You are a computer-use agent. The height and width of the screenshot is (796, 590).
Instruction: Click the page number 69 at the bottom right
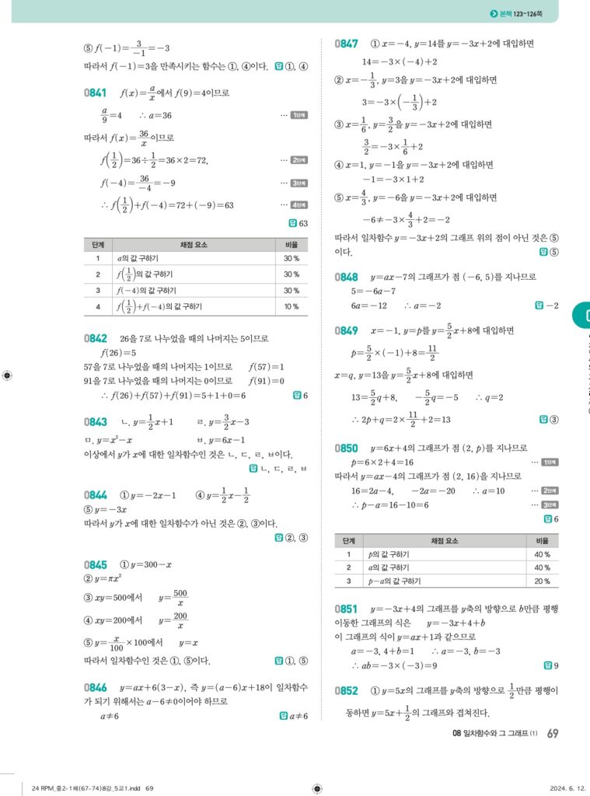point(553,733)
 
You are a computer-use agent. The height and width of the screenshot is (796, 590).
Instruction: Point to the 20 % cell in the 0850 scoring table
point(543,581)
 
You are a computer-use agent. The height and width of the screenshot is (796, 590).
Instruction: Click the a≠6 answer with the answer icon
point(296,716)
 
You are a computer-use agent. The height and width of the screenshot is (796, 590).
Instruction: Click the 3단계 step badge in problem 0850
point(550,504)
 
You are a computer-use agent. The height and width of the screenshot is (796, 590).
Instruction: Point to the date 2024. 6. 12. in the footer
point(554,788)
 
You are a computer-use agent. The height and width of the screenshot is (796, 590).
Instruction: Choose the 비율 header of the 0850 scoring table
point(543,540)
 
